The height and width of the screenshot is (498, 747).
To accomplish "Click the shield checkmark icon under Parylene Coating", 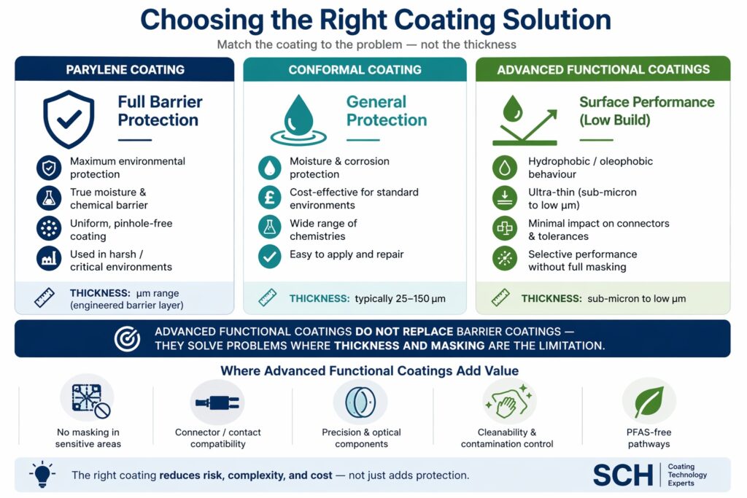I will (69, 119).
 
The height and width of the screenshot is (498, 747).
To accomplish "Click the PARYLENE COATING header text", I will (125, 70).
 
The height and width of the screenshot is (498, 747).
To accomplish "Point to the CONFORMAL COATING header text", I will (355, 70).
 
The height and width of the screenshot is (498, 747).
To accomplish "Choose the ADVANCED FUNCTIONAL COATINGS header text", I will (603, 70).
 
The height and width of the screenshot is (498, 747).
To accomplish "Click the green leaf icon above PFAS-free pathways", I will (649, 402).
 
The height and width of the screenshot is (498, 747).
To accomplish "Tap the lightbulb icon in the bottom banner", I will (41, 474).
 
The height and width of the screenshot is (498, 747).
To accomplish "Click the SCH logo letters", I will (622, 475).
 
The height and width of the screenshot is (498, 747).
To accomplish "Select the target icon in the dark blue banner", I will (127, 338).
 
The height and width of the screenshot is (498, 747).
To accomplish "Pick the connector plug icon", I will (217, 402).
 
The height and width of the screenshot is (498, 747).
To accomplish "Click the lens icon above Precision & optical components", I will (360, 402).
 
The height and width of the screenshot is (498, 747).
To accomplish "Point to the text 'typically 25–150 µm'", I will (400, 298).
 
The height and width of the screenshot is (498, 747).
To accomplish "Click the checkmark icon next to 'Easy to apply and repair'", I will (270, 256).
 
